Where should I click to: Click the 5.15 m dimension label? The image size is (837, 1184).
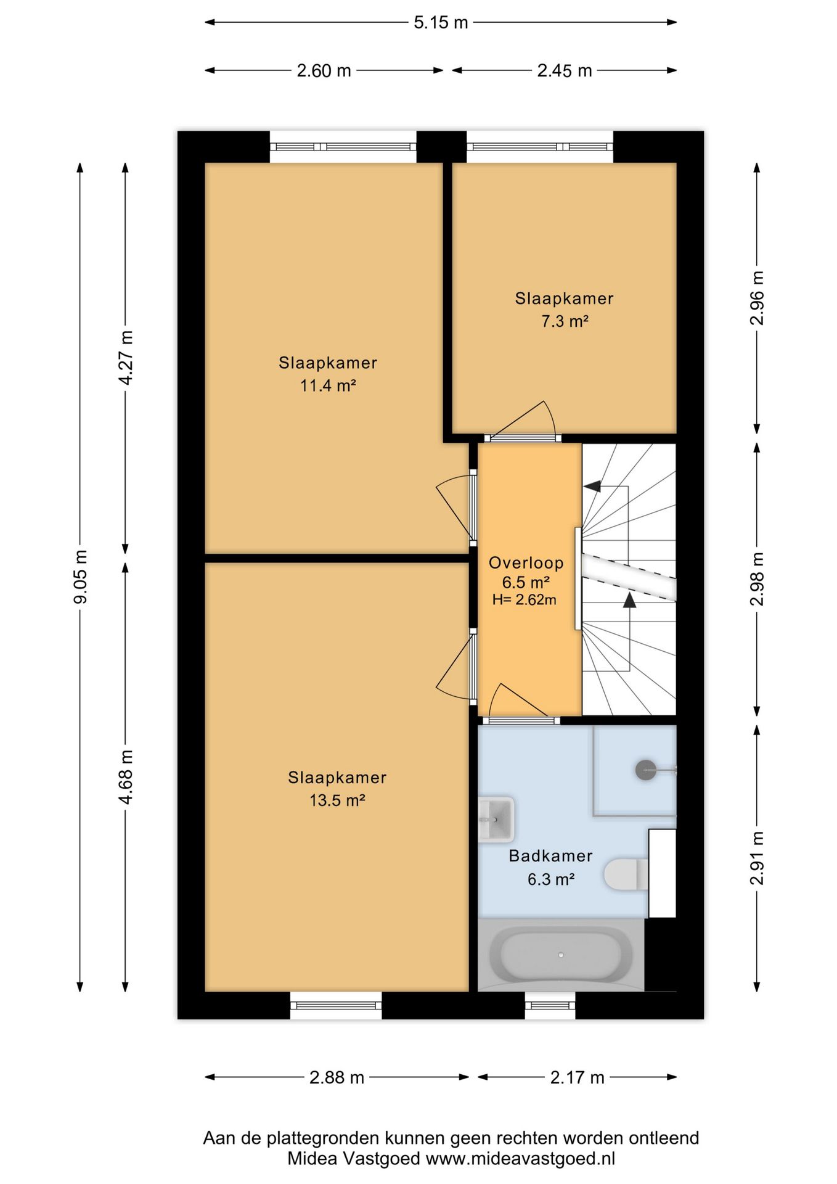441,23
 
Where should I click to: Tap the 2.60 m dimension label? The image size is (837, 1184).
324,71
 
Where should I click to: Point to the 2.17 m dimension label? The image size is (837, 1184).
577,1077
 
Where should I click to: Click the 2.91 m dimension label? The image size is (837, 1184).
757,858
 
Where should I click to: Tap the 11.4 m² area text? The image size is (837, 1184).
328,386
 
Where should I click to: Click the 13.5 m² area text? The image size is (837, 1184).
337,800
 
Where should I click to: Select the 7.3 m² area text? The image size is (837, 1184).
565,321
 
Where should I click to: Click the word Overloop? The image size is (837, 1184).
526,562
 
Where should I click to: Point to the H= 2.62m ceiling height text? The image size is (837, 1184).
525,599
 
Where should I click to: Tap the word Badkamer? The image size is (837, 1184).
550,856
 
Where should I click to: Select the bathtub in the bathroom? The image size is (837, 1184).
561,955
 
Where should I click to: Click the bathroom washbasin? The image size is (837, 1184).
496,820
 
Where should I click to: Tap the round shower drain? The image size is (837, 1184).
645,770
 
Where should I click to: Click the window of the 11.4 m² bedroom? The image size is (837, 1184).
343,147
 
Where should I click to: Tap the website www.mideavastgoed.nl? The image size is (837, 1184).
521,1159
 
